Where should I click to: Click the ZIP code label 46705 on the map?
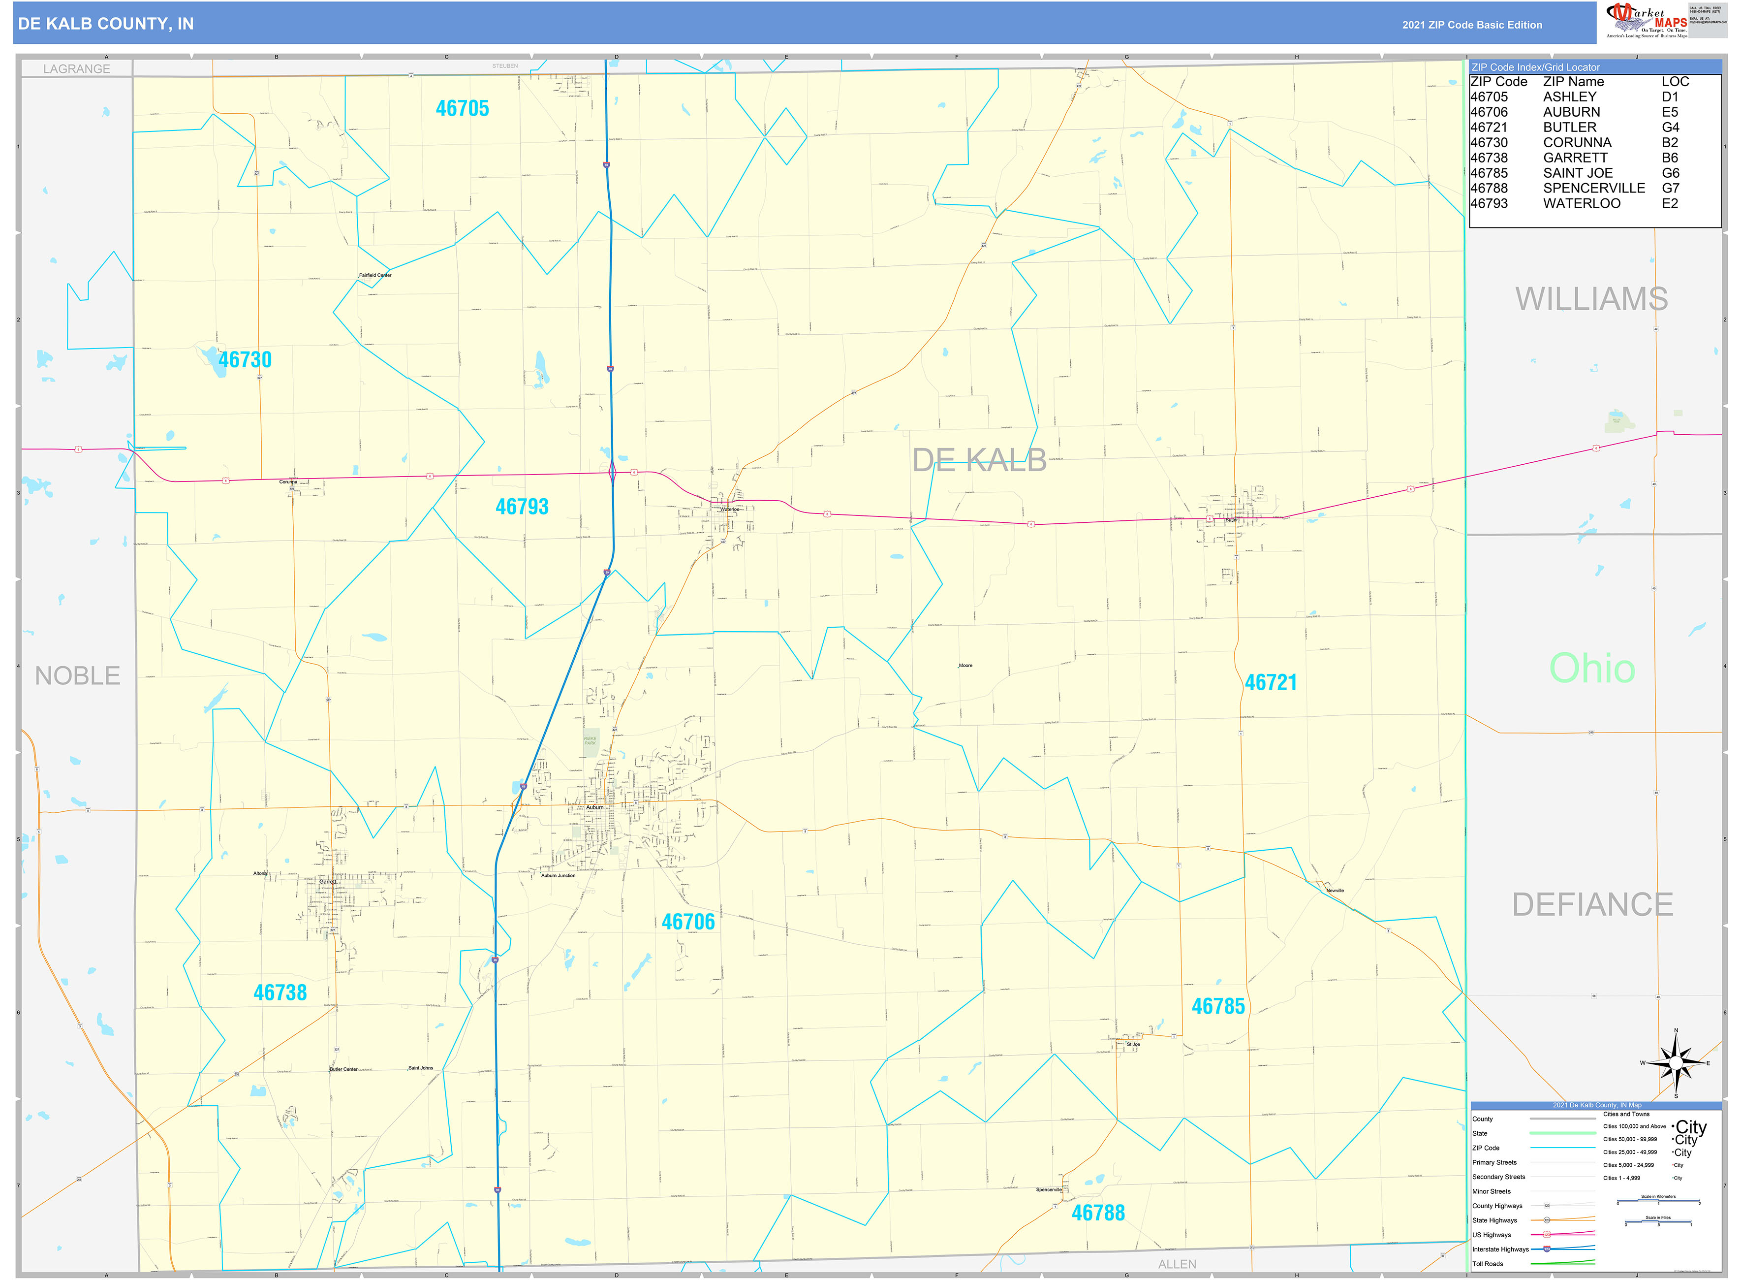(x=463, y=108)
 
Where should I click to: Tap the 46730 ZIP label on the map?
(x=245, y=359)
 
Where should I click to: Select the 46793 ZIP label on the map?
(x=522, y=507)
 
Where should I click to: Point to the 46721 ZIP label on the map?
(x=1270, y=683)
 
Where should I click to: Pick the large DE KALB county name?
(x=979, y=460)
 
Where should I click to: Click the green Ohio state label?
(x=1592, y=668)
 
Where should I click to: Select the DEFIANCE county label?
(x=1592, y=904)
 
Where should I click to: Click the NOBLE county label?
(x=77, y=675)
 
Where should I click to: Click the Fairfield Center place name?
(x=375, y=275)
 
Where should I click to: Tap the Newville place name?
(x=1335, y=890)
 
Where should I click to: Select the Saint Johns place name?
(x=421, y=1068)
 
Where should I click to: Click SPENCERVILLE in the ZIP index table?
(x=1593, y=188)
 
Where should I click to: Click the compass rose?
(x=1676, y=1062)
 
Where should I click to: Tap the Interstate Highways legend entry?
(x=1500, y=1249)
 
